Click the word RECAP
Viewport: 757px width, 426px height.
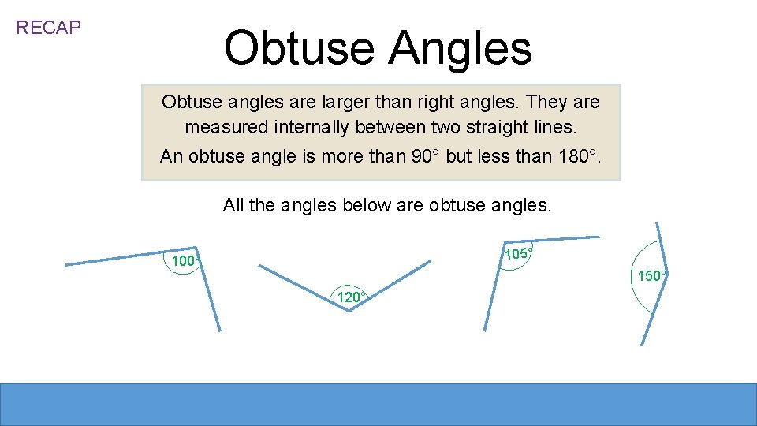(48, 28)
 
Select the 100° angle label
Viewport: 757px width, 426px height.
(185, 261)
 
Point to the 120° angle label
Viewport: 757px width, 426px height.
(350, 297)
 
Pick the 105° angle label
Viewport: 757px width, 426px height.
(518, 254)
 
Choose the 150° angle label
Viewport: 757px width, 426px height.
(652, 276)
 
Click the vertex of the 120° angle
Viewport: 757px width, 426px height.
(349, 311)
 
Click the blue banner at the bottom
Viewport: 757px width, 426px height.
(378, 404)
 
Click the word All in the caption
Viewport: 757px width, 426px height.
(234, 206)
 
